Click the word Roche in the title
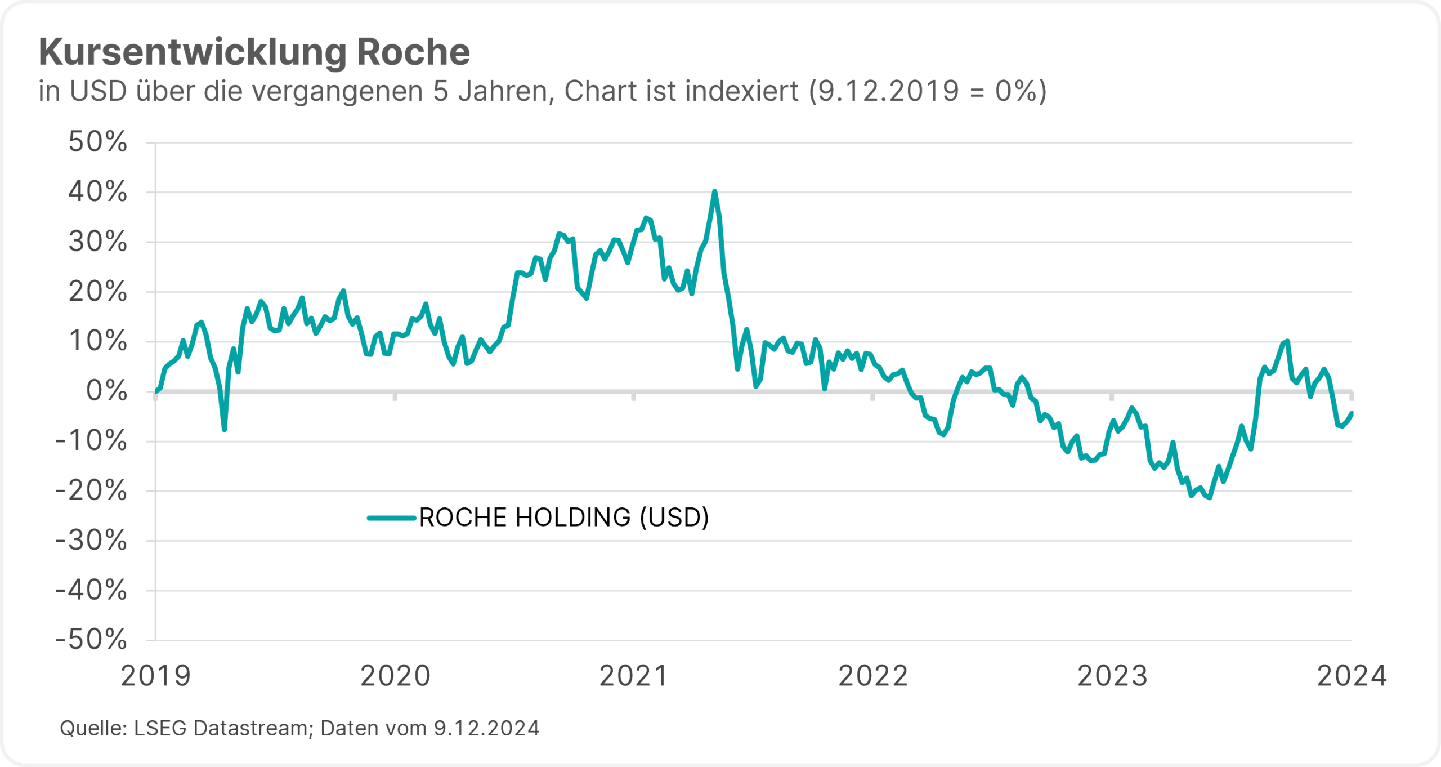[x=413, y=52]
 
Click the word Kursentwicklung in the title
[x=191, y=52]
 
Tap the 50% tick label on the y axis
[x=98, y=142]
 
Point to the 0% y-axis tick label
[x=106, y=391]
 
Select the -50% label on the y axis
[x=91, y=640]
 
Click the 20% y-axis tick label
[x=98, y=292]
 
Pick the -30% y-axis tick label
[x=91, y=541]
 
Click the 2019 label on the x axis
[x=156, y=676]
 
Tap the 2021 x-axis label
[x=634, y=676]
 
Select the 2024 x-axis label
[x=1352, y=676]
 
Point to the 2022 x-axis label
[x=873, y=676]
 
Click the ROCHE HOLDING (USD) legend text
[x=564, y=518]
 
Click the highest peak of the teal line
[x=714, y=192]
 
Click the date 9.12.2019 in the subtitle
[x=888, y=91]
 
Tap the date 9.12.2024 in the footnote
[x=486, y=728]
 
